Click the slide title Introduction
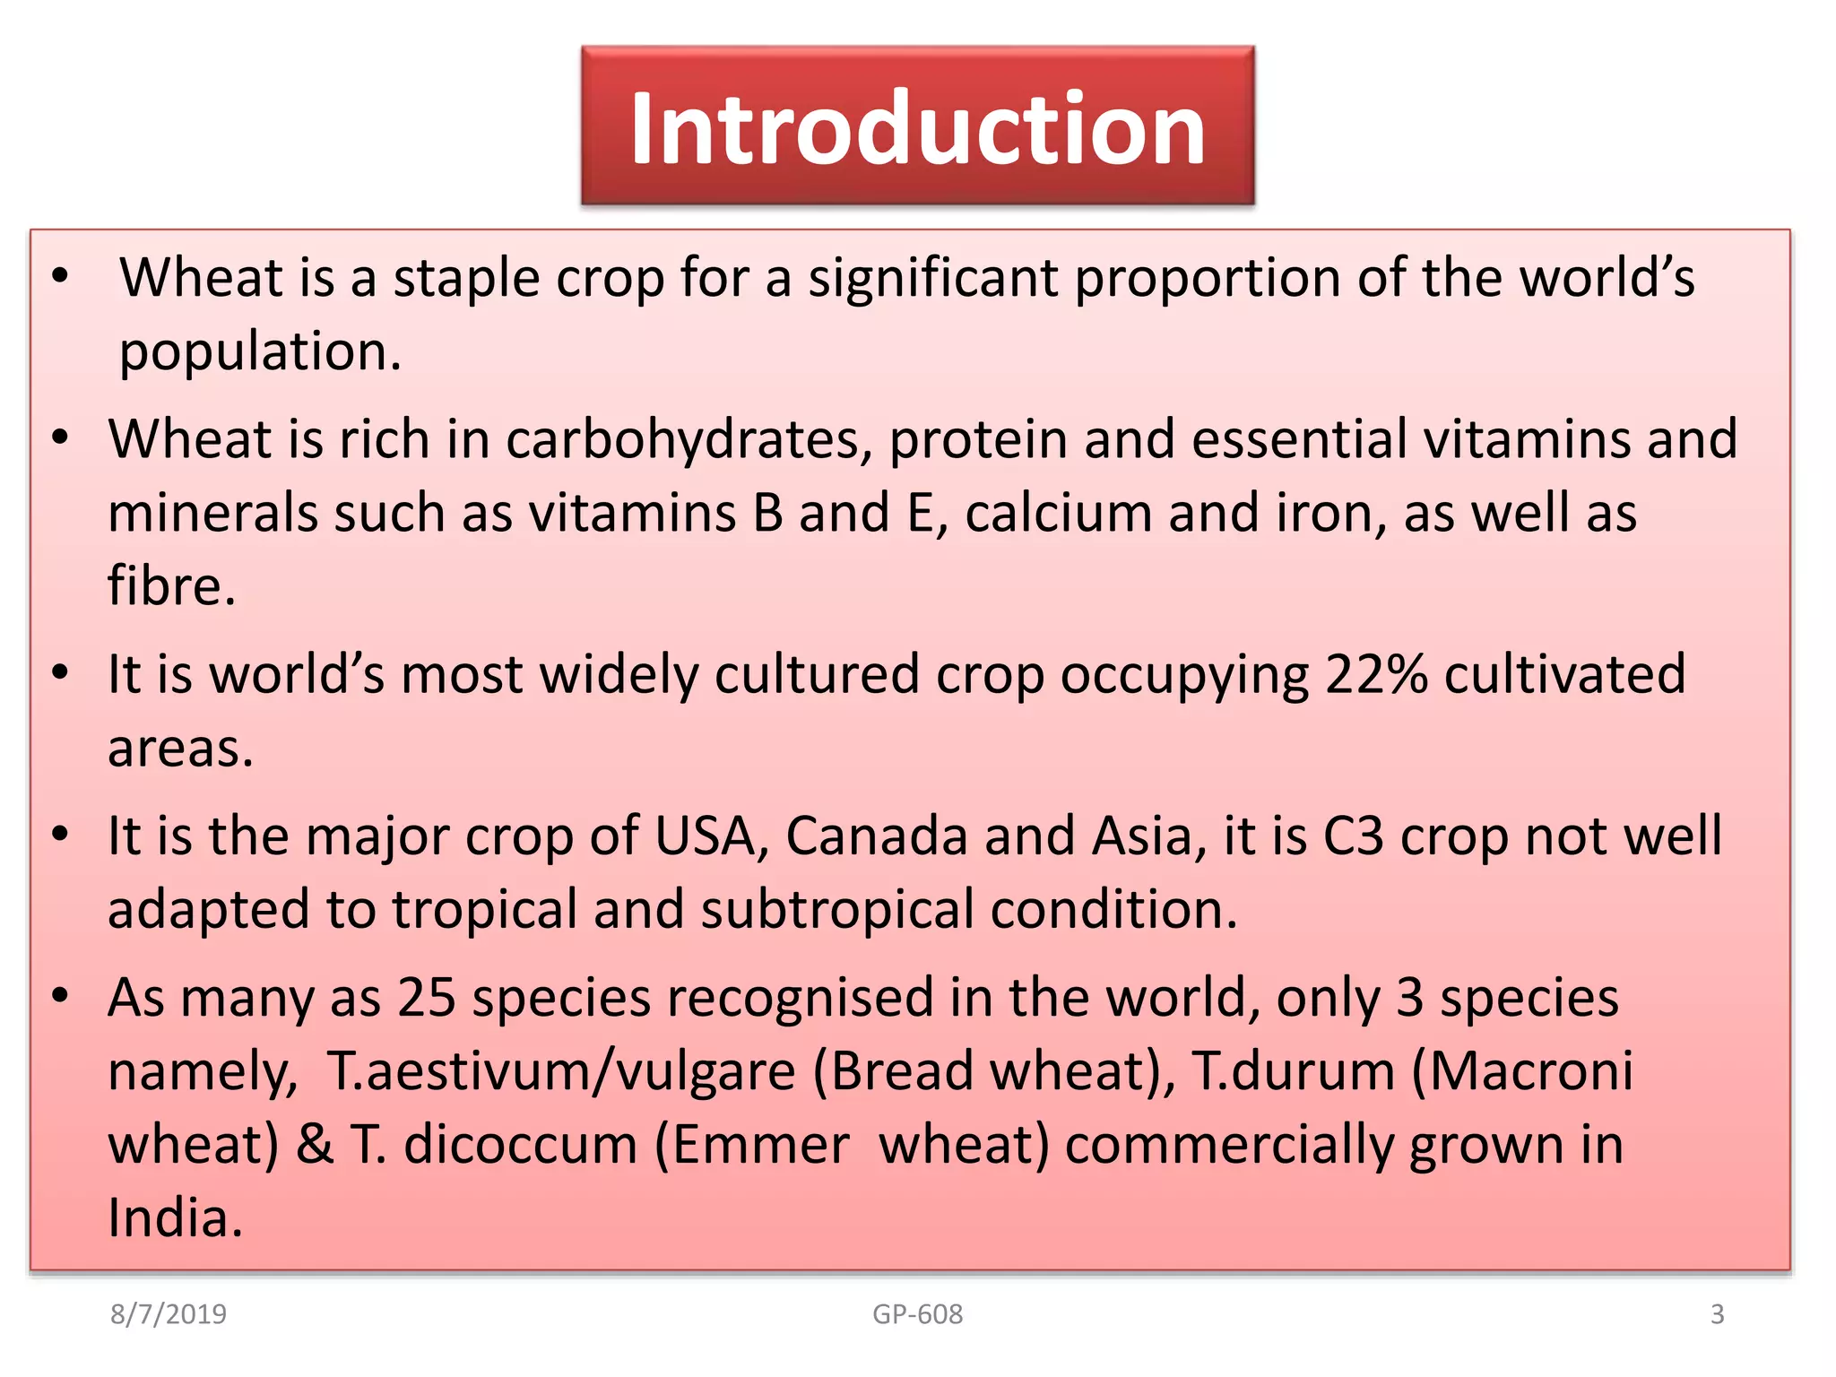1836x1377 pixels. [x=917, y=128]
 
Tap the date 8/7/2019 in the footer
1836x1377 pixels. [x=169, y=1313]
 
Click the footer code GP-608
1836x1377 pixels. [x=917, y=1313]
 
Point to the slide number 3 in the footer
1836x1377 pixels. [x=1717, y=1313]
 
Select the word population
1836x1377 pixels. [x=260, y=351]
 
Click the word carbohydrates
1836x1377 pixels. [x=688, y=440]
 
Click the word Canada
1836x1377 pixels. [x=877, y=836]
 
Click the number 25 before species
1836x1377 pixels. [x=427, y=998]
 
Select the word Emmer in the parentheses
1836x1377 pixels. [x=760, y=1146]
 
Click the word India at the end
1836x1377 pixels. [x=176, y=1219]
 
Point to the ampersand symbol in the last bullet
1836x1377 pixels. [x=315, y=1146]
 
